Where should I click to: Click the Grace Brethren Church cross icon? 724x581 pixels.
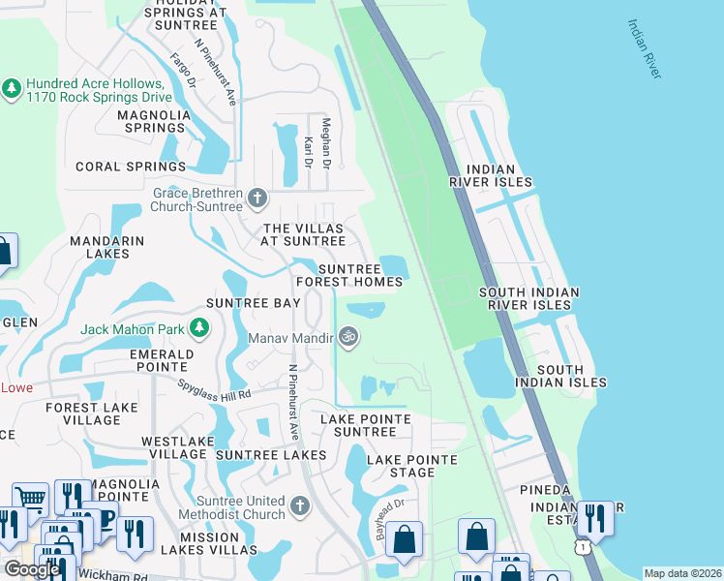pyautogui.click(x=256, y=199)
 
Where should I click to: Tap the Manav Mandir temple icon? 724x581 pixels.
pyautogui.click(x=348, y=338)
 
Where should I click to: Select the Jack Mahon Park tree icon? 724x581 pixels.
pyautogui.click(x=198, y=329)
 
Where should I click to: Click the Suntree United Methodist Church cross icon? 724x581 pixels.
pyautogui.click(x=300, y=505)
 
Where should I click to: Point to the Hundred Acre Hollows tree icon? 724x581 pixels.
pyautogui.click(x=12, y=89)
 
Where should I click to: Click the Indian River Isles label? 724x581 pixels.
pyautogui.click(x=491, y=174)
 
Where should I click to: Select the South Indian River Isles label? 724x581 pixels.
pyautogui.click(x=530, y=298)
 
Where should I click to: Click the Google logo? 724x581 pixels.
pyautogui.click(x=32, y=569)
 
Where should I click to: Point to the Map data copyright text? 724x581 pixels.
pyautogui.click(x=683, y=573)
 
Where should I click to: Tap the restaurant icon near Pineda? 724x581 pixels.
pyautogui.click(x=594, y=519)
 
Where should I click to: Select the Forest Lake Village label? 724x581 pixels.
pyautogui.click(x=91, y=414)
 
